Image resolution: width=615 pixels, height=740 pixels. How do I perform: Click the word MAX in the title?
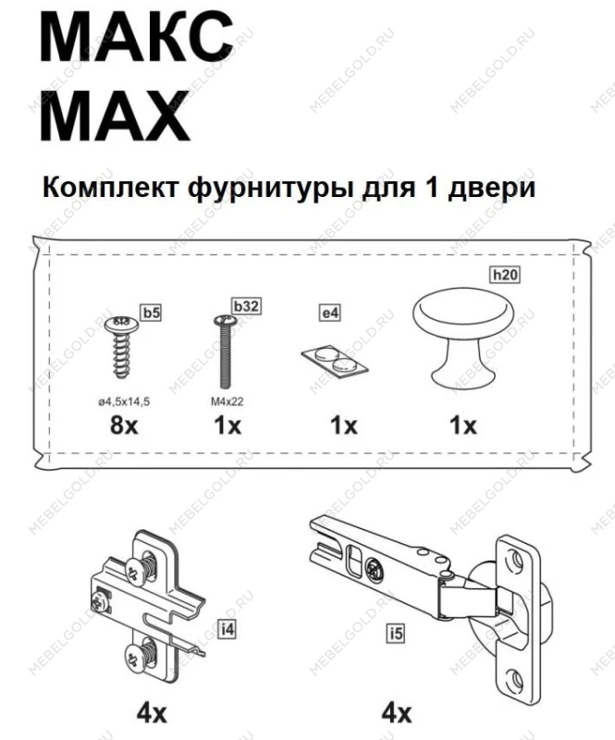(x=116, y=116)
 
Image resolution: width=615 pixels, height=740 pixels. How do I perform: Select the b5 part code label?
(x=151, y=312)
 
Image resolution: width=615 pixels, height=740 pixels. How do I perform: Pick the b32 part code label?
(x=245, y=305)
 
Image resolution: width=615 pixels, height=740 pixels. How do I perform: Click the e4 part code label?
(x=330, y=314)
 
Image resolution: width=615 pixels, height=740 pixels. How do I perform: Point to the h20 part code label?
(x=503, y=275)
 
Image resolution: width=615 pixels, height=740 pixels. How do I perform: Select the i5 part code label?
(x=397, y=634)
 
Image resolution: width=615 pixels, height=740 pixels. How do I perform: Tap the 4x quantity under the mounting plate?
(x=152, y=713)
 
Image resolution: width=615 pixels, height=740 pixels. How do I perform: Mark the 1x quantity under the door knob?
(x=462, y=426)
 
